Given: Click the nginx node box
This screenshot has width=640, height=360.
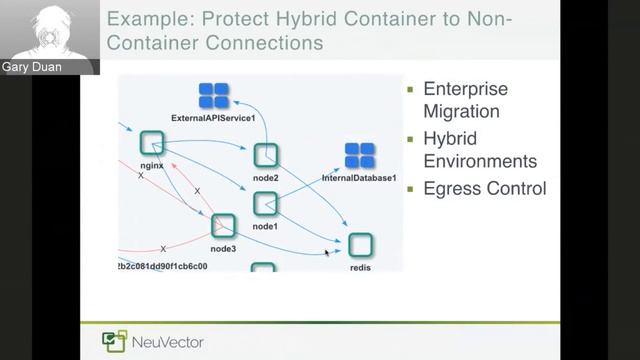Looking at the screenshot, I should click(152, 143).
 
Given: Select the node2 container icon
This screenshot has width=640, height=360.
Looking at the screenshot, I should click(265, 156).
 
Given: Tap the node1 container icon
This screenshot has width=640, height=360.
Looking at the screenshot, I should click(265, 204).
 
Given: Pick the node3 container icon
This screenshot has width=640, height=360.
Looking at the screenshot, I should click(223, 226).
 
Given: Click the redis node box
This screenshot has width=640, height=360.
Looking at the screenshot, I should click(360, 245).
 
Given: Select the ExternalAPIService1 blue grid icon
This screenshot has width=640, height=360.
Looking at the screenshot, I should click(214, 96).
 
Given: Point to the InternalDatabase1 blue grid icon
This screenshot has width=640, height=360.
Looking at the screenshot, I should click(359, 156).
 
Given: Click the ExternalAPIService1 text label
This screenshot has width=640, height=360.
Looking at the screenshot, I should click(214, 118).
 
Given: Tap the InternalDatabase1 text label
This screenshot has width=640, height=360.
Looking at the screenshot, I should click(359, 178).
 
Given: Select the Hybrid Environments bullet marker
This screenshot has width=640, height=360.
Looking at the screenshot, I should click(411, 139).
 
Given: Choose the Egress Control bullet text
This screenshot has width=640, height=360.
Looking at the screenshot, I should click(485, 187).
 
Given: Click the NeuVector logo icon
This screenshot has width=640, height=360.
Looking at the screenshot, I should click(114, 342).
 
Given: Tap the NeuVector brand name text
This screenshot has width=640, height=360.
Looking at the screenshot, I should click(167, 343).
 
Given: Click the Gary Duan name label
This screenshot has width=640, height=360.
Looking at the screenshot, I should click(33, 66).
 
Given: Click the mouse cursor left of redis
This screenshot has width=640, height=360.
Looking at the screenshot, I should click(327, 253).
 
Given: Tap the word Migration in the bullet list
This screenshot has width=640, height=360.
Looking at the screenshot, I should click(461, 112).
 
